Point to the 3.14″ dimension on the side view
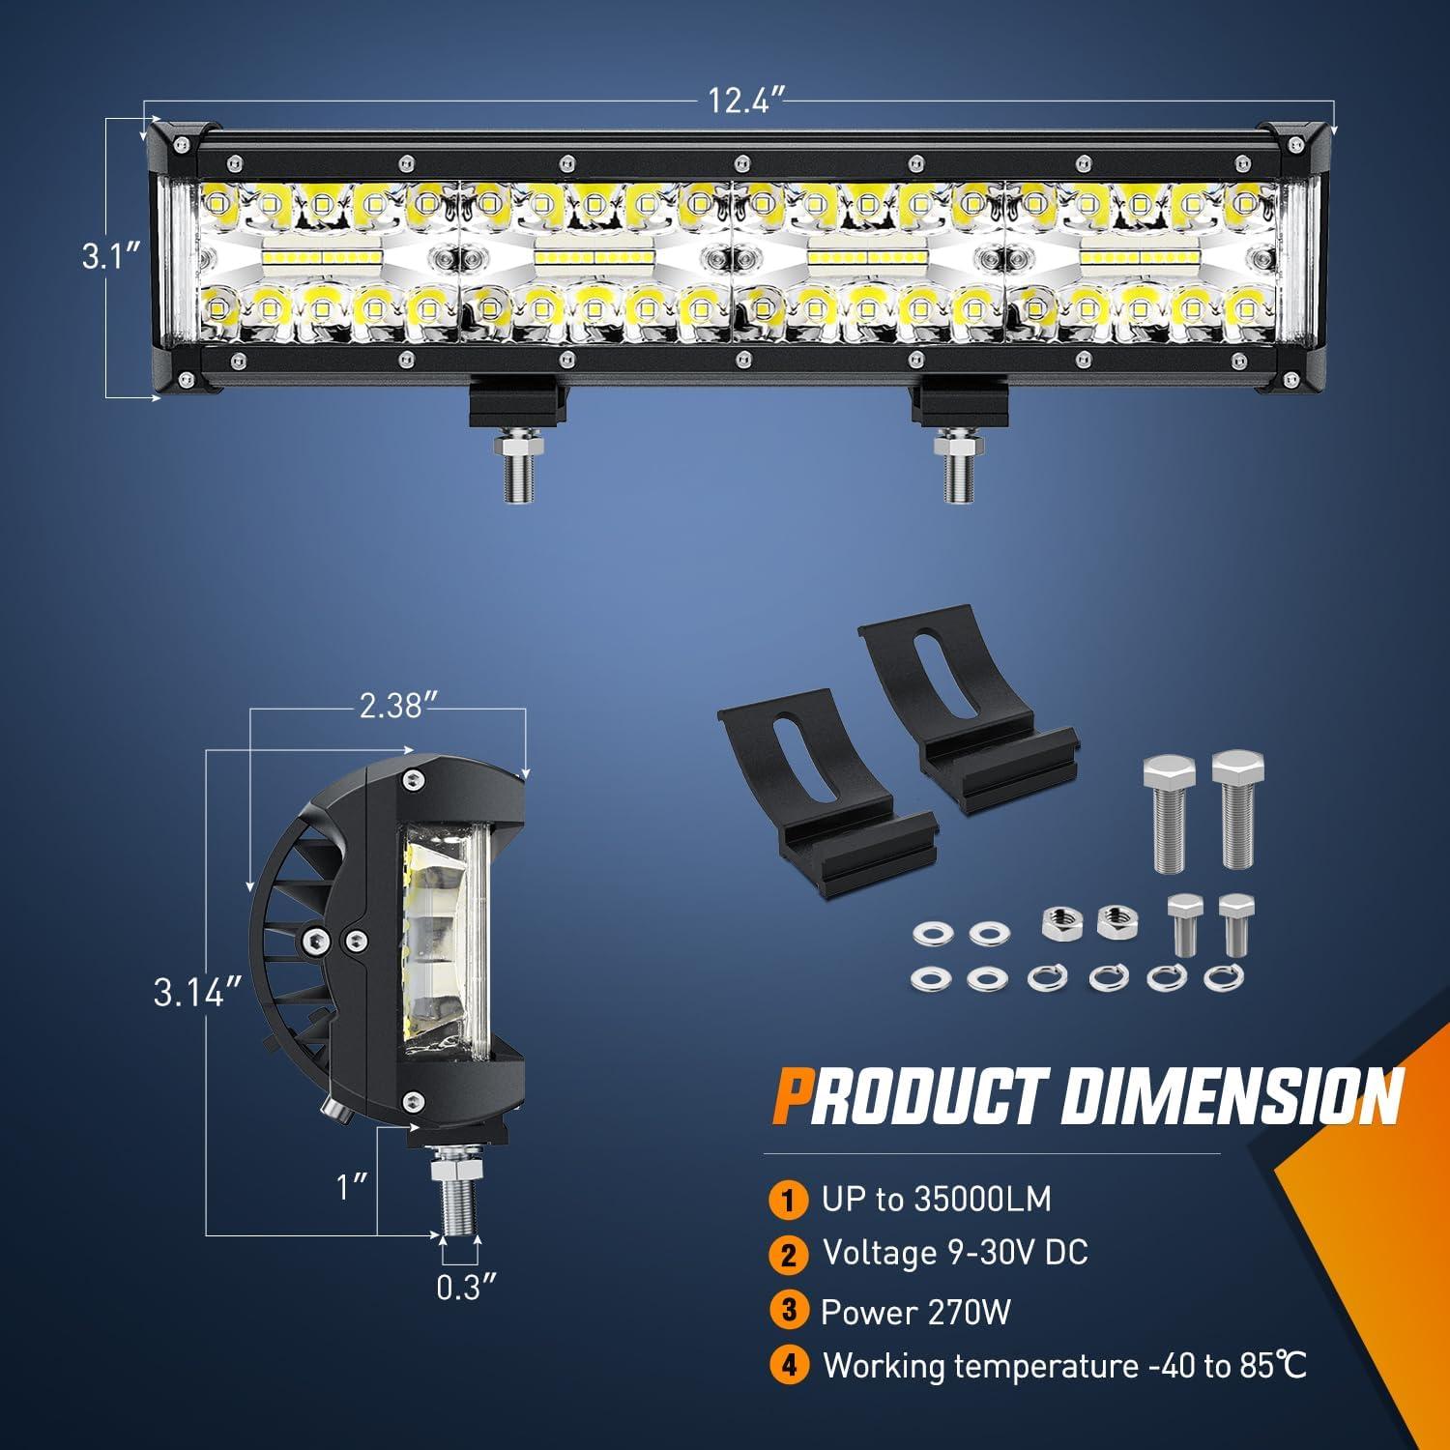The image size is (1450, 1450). (196, 992)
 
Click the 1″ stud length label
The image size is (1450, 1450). (354, 1186)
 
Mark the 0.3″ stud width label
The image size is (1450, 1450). (466, 1288)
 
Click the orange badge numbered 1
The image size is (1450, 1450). (790, 1201)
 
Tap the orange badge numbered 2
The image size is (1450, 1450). (790, 1256)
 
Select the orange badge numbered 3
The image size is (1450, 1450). (790, 1311)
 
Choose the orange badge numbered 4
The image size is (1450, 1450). (790, 1366)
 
